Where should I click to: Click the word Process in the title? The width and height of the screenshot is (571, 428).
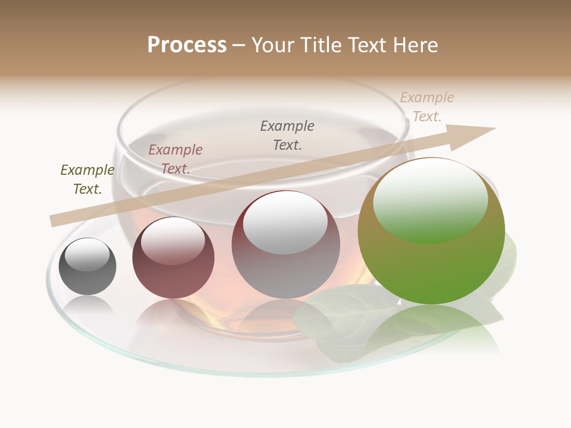[x=187, y=45]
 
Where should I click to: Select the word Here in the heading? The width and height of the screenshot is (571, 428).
[x=415, y=45]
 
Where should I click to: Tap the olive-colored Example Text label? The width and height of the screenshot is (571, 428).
[x=87, y=180]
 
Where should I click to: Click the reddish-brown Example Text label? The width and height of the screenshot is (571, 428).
[x=175, y=159]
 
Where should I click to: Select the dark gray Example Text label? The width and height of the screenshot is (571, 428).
[x=287, y=135]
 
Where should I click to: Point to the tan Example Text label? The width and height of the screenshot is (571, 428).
[x=427, y=107]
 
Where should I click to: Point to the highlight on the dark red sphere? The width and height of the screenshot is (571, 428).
[x=173, y=240]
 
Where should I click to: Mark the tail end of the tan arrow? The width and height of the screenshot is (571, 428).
[x=55, y=221]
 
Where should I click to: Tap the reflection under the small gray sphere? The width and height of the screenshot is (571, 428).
[x=88, y=306]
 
